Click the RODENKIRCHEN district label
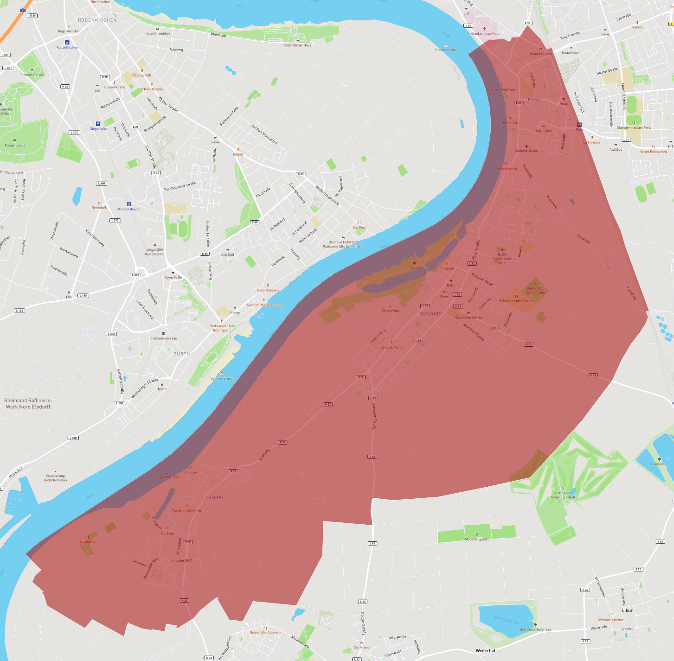pyautogui.click(x=97, y=20)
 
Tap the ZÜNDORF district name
pyautogui.click(x=431, y=314)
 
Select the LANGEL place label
pyautogui.click(x=215, y=497)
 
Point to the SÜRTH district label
pyautogui.click(x=182, y=354)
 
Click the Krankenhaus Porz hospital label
pyautogui.click(x=484, y=33)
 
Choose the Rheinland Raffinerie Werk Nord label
pyautogui.click(x=28, y=403)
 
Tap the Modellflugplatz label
pyautogui.click(x=477, y=539)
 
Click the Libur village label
pyautogui.click(x=627, y=610)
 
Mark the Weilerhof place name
pyautogui.click(x=486, y=651)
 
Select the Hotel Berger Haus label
pyautogui.click(x=297, y=45)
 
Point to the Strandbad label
pyautogui.click(x=87, y=541)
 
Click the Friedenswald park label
pyautogui.click(x=15, y=146)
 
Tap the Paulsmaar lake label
pyautogui.click(x=659, y=464)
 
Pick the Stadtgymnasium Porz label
pyautogui.click(x=633, y=127)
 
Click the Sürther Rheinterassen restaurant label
pyautogui.click(x=264, y=305)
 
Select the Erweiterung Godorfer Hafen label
pyautogui.click(x=55, y=478)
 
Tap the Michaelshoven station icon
pyautogui.click(x=129, y=204)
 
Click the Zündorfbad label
pyautogui.click(x=390, y=311)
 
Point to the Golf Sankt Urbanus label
pyautogui.click(x=563, y=495)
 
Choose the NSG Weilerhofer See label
pyautogui.click(x=535, y=629)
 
